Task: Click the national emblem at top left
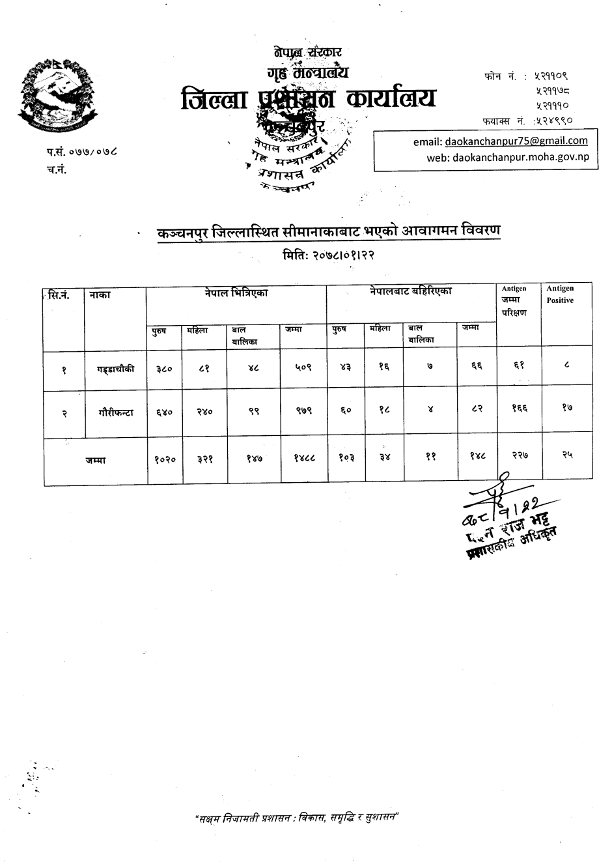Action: tap(55, 95)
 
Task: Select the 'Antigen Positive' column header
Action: tap(560, 295)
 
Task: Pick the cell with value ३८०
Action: tap(164, 369)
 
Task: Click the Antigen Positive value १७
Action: tap(567, 408)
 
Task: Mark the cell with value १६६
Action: tap(519, 408)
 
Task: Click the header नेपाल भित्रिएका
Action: tap(236, 294)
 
